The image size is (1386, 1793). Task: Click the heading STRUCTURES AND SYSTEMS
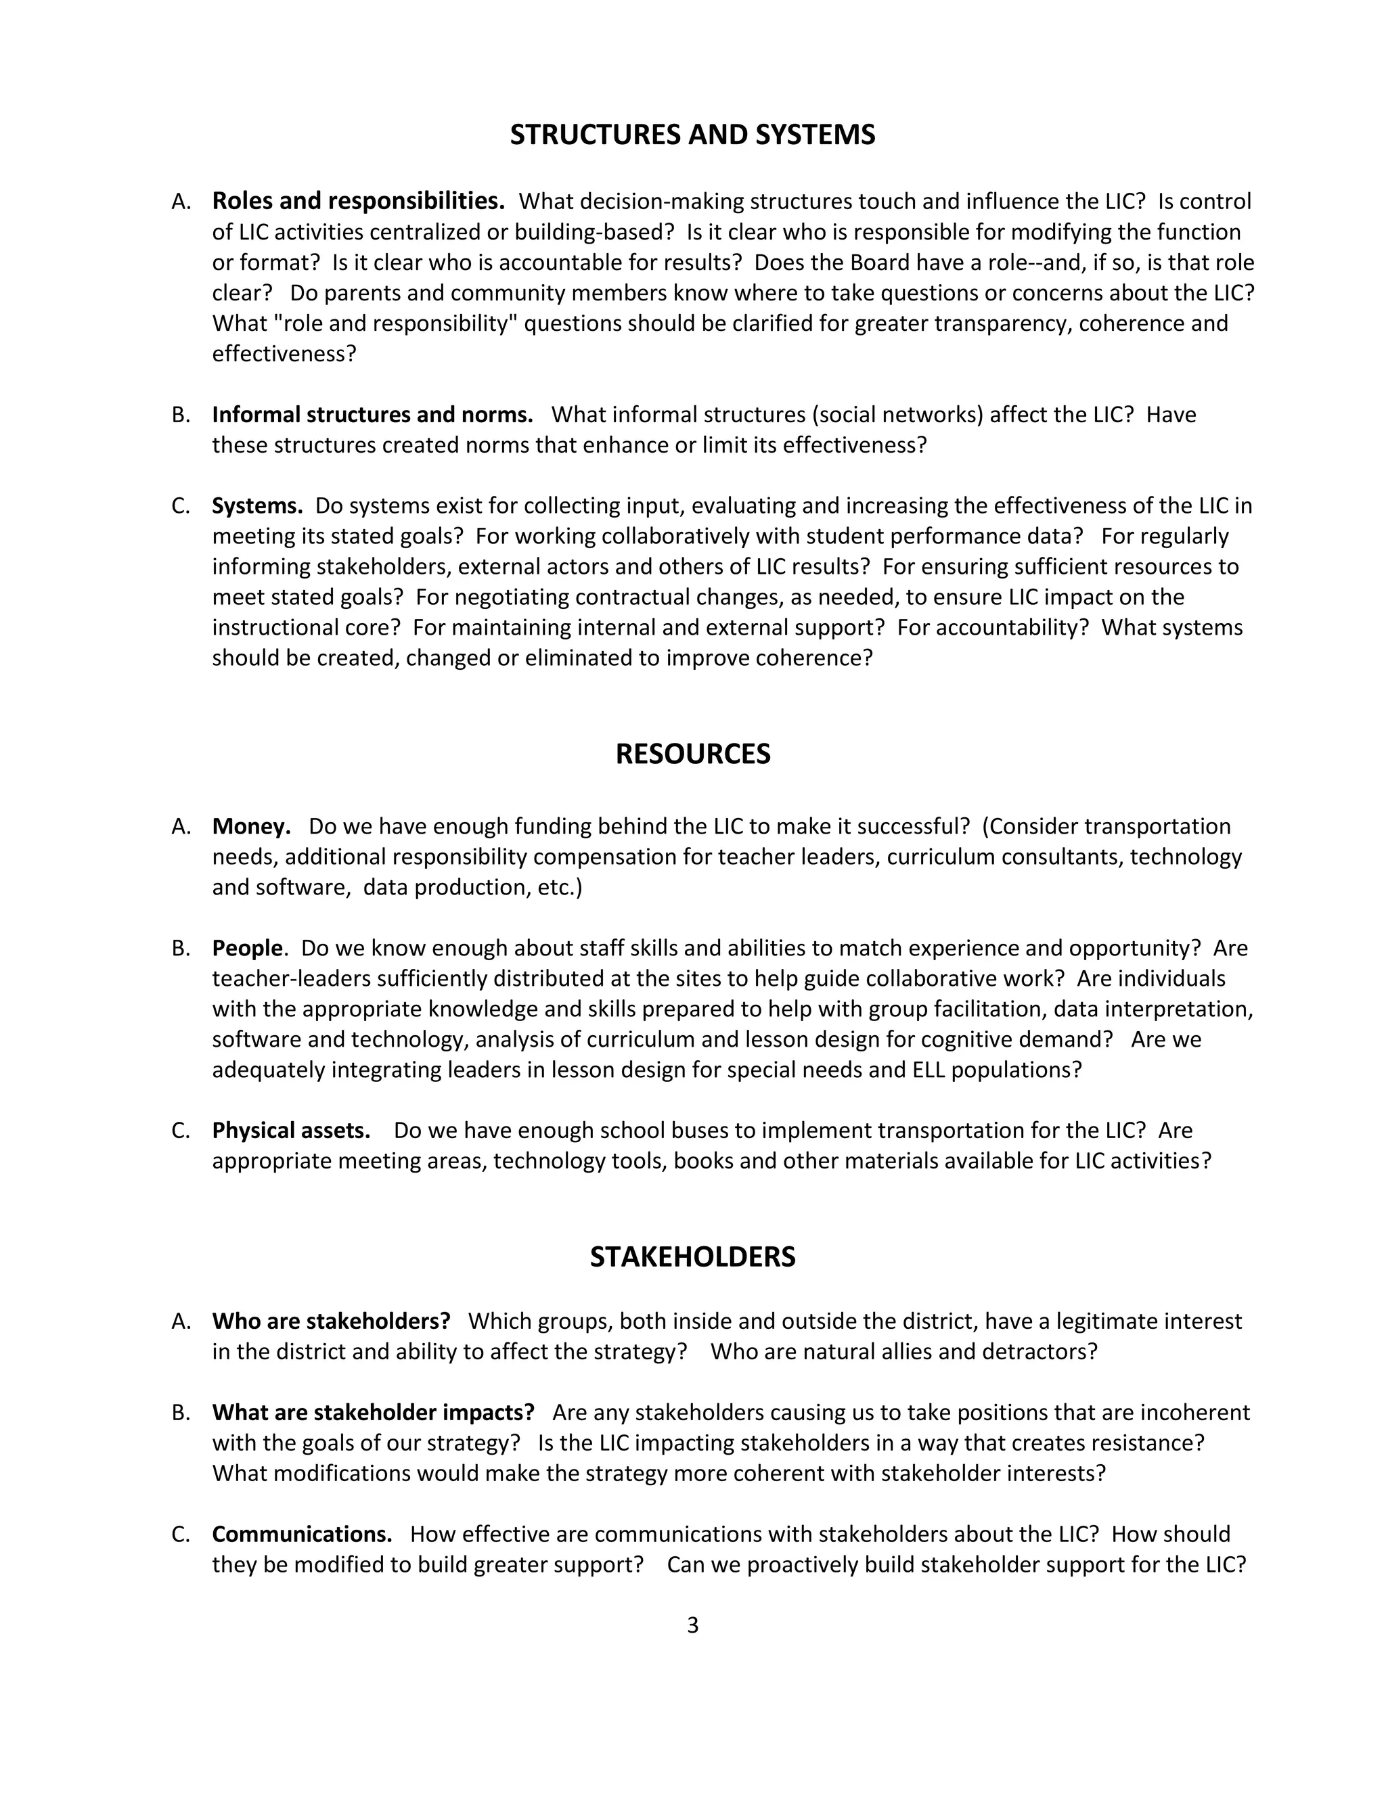(692, 135)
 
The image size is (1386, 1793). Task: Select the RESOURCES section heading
(692, 754)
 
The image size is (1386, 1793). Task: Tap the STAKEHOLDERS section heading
(692, 1257)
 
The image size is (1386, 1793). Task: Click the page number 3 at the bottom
(692, 1625)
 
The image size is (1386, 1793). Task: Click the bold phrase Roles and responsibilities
(358, 201)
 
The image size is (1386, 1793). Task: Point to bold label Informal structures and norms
(372, 415)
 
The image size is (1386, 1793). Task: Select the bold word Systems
(257, 505)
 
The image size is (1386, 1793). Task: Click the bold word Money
(251, 826)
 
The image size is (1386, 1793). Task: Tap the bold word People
(247, 948)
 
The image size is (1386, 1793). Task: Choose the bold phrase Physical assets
(290, 1131)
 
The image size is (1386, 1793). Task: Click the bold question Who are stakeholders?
(331, 1321)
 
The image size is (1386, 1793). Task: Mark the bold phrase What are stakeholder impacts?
(373, 1412)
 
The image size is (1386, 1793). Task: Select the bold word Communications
(301, 1535)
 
